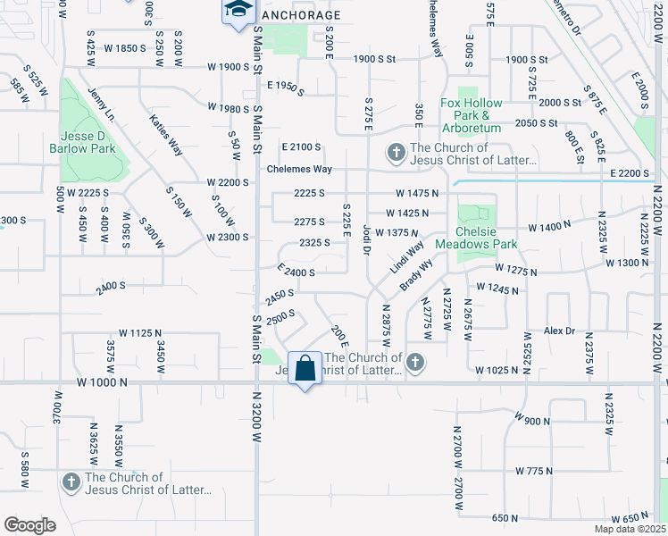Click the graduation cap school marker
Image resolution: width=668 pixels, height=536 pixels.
click(x=238, y=11)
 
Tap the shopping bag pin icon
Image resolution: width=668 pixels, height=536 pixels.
click(x=305, y=368)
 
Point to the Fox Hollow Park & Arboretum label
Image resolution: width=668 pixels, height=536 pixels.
click(x=471, y=115)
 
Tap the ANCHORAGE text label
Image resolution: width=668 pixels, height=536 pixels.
click(x=302, y=16)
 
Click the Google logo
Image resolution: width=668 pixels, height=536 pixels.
click(x=29, y=524)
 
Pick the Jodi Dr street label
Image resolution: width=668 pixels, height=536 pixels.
click(x=366, y=238)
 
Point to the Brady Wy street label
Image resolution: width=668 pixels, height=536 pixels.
click(x=416, y=274)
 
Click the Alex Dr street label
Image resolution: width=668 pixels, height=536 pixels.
click(x=560, y=331)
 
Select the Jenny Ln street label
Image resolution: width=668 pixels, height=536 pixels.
click(x=103, y=104)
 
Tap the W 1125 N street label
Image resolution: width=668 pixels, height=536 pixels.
click(x=127, y=333)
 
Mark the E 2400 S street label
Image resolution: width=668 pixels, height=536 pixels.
click(x=296, y=272)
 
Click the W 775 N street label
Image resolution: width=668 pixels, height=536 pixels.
click(x=536, y=470)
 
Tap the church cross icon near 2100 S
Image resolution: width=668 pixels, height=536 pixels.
click(x=394, y=154)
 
